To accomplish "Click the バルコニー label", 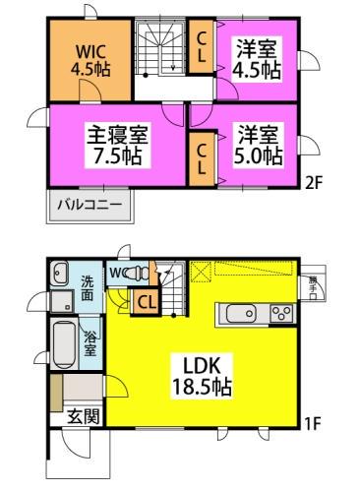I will coord(89,206).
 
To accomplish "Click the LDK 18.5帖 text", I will coord(204,374).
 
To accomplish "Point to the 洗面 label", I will coord(88,286).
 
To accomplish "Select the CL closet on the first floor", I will coord(147,302).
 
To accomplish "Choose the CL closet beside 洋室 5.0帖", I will coord(201,156).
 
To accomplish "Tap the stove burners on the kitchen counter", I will coord(280,315).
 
